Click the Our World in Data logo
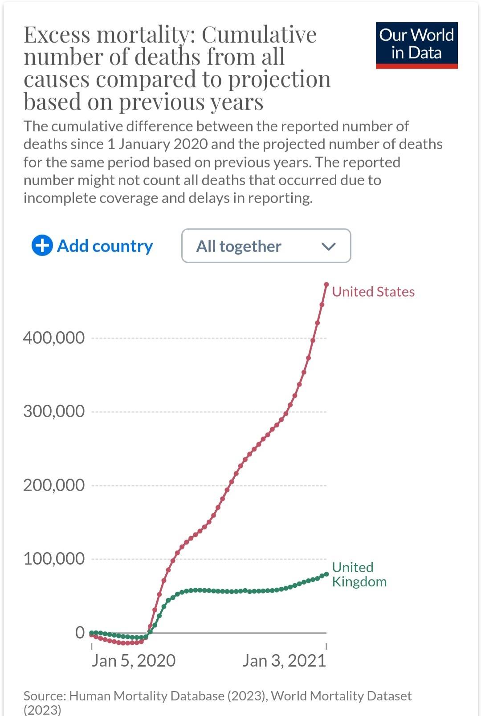click(x=416, y=45)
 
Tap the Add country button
click(x=92, y=246)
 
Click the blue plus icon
click(x=42, y=246)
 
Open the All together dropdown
click(x=266, y=246)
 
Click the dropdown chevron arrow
click(x=328, y=246)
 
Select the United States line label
click(x=373, y=292)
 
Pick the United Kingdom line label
click(x=359, y=574)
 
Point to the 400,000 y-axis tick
click(x=54, y=338)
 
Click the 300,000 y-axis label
click(x=54, y=411)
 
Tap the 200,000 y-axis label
click(x=54, y=485)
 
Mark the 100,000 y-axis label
click(x=54, y=558)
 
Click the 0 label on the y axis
click(x=80, y=632)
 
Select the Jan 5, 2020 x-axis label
click(x=133, y=661)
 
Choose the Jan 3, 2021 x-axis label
click(x=284, y=661)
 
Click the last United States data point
click(x=326, y=284)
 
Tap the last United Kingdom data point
click(x=326, y=574)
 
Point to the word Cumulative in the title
click(x=259, y=35)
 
